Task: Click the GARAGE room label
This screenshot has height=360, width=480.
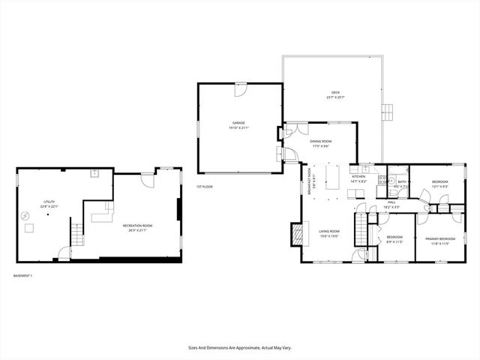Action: [x=238, y=123]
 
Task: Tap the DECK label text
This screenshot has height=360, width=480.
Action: [x=325, y=92]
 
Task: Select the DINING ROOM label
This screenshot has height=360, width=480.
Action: [x=321, y=141]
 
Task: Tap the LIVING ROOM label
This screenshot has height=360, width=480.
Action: [x=330, y=232]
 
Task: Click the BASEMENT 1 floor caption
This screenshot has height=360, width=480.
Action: [x=23, y=275]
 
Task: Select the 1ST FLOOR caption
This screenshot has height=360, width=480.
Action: [x=205, y=186]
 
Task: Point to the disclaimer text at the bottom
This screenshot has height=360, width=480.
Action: [x=239, y=347]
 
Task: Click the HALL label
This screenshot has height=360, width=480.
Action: [x=391, y=202]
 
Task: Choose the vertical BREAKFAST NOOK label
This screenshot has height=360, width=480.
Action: [x=310, y=182]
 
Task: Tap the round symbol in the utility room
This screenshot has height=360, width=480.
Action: [x=27, y=215]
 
